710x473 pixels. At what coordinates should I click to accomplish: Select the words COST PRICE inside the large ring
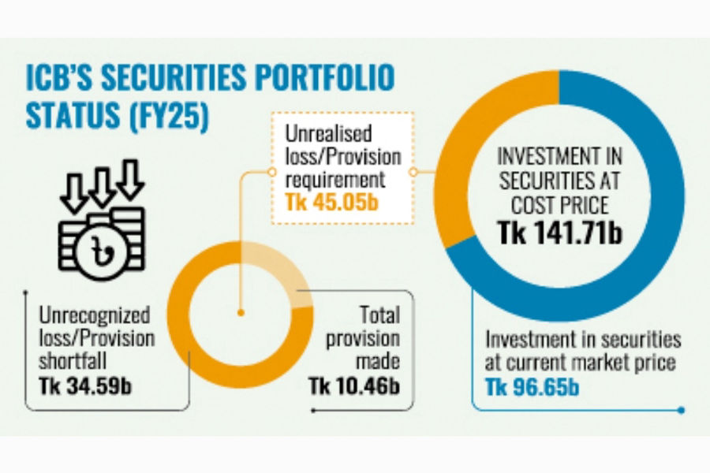[x=559, y=205]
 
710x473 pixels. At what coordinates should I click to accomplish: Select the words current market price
[x=589, y=365]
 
